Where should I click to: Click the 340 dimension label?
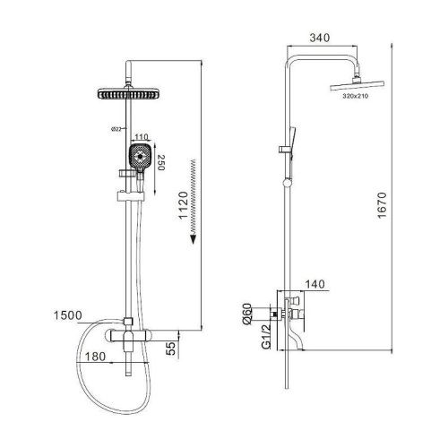tap(320, 38)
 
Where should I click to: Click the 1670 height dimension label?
tap(382, 205)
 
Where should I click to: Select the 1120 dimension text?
tap(184, 205)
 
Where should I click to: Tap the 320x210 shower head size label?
tap(356, 96)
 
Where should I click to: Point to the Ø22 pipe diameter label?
tap(116, 129)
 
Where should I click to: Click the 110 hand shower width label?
tap(141, 137)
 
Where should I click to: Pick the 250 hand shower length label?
tap(161, 162)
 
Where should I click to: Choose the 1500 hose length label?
tap(68, 315)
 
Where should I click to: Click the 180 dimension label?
tap(95, 357)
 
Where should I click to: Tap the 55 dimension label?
tap(171, 349)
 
